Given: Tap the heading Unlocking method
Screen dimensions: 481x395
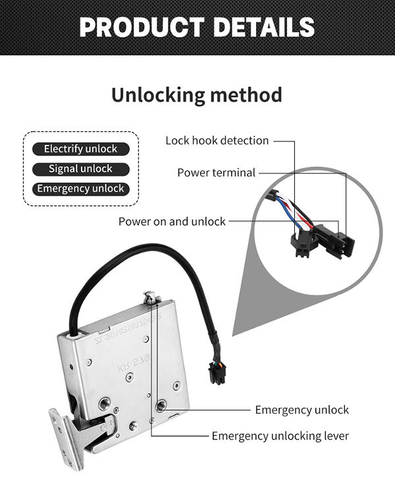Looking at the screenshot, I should pyautogui.click(x=196, y=94).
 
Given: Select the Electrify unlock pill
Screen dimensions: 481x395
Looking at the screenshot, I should pyautogui.click(x=81, y=149).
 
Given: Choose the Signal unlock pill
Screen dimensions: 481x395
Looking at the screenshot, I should pyautogui.click(x=81, y=169).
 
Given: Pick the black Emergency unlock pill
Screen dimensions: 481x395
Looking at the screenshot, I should pyautogui.click(x=81, y=188).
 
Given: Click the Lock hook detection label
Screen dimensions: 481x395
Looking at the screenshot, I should pyautogui.click(x=217, y=140).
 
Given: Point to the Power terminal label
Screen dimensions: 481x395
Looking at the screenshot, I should pyautogui.click(x=216, y=173).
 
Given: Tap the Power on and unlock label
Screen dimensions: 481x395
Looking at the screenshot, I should pyautogui.click(x=172, y=221).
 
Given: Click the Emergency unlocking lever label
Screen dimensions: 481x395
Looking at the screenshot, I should pyautogui.click(x=280, y=436).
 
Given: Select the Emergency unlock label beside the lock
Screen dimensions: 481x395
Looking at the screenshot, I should pyautogui.click(x=302, y=410).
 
